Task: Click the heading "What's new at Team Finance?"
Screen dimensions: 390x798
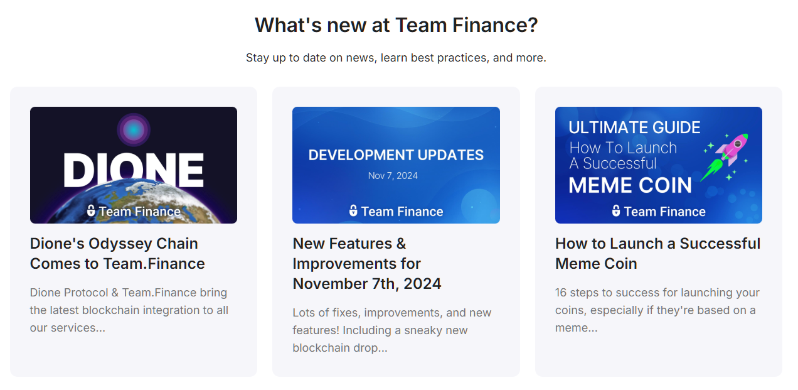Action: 396,26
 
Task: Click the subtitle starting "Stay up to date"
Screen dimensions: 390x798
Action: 396,58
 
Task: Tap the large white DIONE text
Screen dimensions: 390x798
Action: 134,170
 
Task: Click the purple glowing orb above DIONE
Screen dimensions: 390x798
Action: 133,130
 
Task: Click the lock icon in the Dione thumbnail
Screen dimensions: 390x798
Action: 91,211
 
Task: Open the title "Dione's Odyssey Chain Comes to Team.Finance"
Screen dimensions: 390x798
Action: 117,253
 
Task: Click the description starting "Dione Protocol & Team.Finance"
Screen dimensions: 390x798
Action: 129,310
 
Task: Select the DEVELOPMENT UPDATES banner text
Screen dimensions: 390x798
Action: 396,155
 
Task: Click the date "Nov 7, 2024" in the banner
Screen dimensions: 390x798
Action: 393,176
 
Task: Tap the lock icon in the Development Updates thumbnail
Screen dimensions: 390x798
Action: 353,211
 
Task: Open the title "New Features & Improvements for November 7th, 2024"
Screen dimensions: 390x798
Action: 366,263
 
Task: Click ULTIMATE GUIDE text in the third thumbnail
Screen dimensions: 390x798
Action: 634,128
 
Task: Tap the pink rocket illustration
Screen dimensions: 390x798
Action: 733,148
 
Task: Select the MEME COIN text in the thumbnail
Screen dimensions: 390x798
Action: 630,186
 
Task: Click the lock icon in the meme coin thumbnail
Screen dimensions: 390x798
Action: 616,211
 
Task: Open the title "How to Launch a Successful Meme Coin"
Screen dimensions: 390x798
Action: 657,253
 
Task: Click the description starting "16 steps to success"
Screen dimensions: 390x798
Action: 657,310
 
